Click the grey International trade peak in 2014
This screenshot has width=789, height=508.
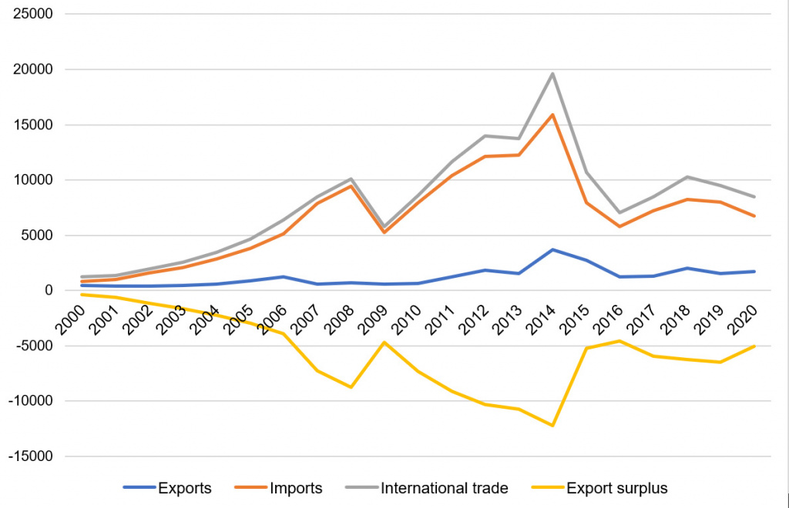coord(552,74)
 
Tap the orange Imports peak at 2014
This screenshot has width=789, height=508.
coord(552,115)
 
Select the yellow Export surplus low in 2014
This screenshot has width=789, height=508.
coord(552,426)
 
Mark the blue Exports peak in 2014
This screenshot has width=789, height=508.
coord(552,249)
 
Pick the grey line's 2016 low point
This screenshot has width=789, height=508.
coord(618,212)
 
